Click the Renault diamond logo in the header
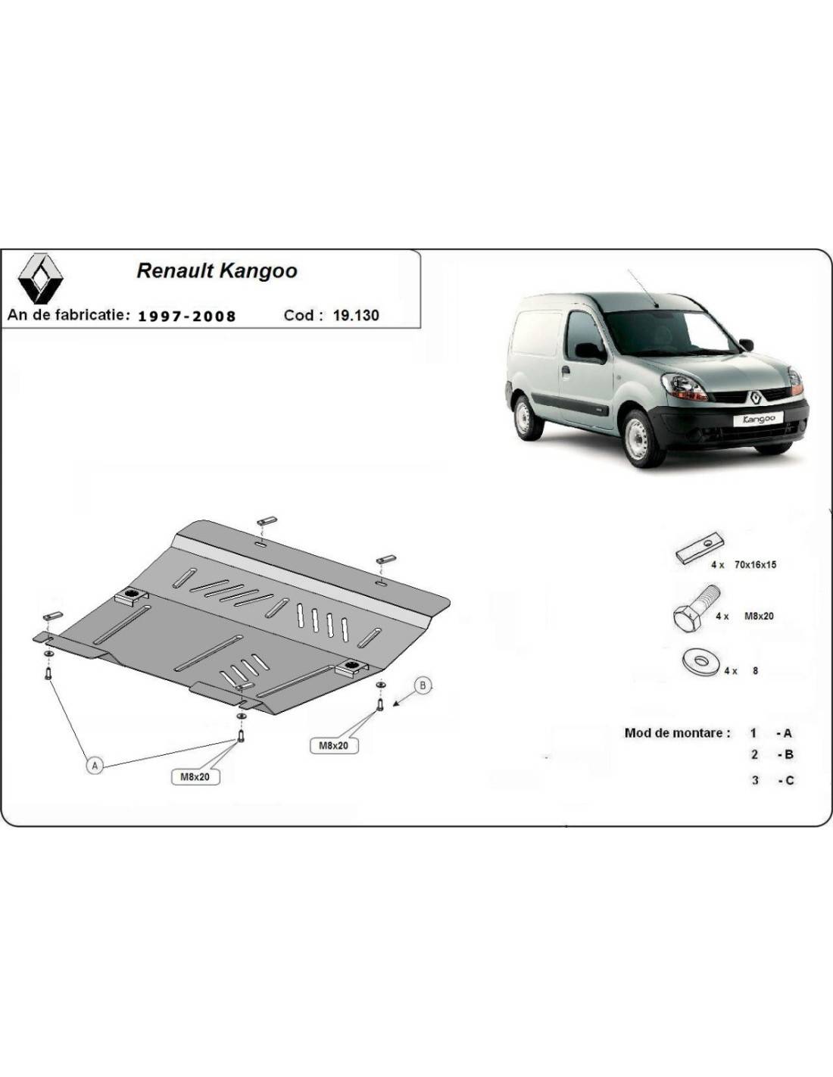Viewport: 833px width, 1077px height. coord(41,278)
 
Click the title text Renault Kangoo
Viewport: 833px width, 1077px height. coord(217,271)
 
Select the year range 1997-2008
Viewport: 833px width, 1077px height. coord(186,316)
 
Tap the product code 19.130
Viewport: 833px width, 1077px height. coord(356,315)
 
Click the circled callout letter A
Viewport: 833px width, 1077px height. coord(95,766)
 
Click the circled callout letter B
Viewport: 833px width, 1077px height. coord(423,685)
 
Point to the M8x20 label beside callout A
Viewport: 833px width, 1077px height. coord(195,776)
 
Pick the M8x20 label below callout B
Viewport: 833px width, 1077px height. coord(333,745)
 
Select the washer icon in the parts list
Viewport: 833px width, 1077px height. coord(700,661)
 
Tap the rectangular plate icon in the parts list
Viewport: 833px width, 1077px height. coord(700,548)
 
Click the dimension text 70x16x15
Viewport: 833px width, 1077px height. coord(755,564)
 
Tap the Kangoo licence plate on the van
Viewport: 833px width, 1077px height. coord(758,419)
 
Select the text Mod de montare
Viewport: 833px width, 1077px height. coord(677,732)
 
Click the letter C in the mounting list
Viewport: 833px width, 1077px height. coord(789,781)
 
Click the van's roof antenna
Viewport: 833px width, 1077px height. coord(642,288)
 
